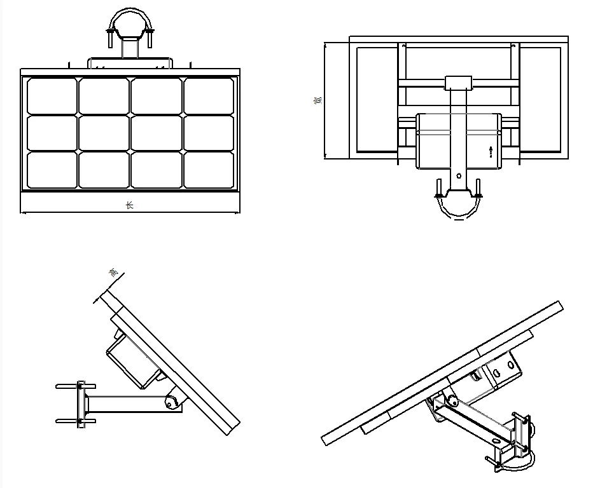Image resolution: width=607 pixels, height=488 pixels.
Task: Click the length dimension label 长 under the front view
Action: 129,205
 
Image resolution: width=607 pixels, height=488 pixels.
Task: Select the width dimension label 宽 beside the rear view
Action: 318,100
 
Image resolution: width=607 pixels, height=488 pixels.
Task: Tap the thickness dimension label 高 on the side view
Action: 114,273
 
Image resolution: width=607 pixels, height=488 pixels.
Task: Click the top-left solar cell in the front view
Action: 52,96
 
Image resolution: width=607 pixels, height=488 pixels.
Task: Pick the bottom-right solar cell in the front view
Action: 209,170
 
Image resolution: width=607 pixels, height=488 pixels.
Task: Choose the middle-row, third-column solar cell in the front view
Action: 157,133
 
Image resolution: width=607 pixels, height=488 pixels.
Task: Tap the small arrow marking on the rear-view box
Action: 491,151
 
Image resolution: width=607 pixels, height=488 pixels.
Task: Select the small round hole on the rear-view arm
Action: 459,176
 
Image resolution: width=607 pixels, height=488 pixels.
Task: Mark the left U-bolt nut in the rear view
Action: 438,188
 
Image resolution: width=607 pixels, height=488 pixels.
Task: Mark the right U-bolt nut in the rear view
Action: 478,188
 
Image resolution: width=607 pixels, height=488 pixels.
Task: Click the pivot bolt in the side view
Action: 171,401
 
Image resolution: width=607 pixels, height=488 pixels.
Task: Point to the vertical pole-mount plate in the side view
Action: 80,403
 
